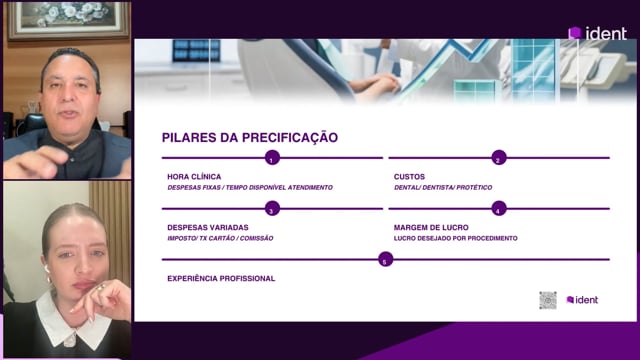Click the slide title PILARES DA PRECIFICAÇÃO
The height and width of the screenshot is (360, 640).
click(x=250, y=137)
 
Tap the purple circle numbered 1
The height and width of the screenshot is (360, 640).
click(x=272, y=158)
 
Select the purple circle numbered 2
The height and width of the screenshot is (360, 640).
click(x=499, y=158)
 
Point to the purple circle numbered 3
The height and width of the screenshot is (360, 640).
click(x=272, y=209)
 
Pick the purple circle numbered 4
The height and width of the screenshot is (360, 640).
click(x=499, y=209)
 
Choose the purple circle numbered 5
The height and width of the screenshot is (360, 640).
click(x=385, y=260)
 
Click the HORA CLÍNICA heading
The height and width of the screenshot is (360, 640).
click(x=194, y=177)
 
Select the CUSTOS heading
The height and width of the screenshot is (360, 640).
click(x=409, y=177)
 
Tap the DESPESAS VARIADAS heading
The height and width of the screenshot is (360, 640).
click(x=208, y=227)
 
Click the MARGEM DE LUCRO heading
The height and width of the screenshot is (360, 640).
click(x=431, y=227)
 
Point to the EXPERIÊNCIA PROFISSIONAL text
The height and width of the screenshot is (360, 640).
click(x=221, y=278)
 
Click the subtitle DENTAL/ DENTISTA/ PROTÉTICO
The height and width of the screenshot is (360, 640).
click(x=443, y=187)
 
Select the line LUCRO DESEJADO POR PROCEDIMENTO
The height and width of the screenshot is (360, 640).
click(x=456, y=238)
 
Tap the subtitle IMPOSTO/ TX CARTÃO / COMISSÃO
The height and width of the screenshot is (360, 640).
click(x=220, y=238)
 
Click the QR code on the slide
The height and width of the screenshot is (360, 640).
click(x=548, y=300)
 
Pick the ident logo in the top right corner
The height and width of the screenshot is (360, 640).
click(x=598, y=33)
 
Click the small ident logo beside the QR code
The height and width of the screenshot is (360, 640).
click(x=582, y=300)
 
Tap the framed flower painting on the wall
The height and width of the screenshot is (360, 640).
click(x=68, y=20)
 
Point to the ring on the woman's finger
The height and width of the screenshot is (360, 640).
click(x=100, y=288)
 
